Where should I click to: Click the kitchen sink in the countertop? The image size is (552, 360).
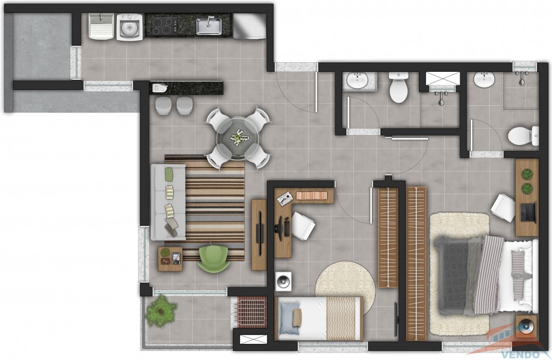(209, 26)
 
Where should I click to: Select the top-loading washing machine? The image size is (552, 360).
(129, 27)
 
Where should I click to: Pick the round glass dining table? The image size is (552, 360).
(237, 138)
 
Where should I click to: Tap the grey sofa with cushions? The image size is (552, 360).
(169, 202)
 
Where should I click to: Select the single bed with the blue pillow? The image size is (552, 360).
(320, 319)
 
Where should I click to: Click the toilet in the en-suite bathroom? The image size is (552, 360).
(523, 136)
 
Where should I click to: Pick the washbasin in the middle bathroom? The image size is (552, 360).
(358, 80)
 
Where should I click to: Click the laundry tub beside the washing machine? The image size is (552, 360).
(101, 26)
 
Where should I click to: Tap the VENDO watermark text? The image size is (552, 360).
(521, 354)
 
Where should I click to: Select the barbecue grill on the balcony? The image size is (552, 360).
(251, 311)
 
